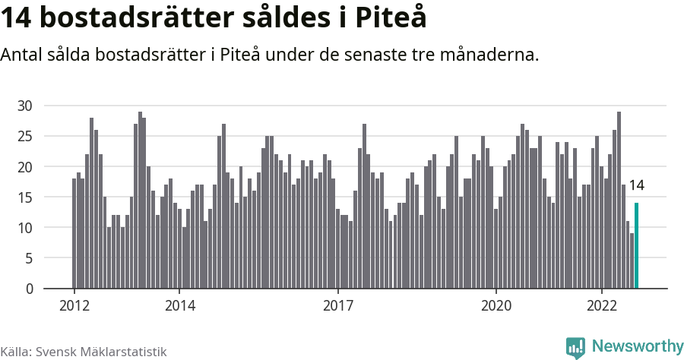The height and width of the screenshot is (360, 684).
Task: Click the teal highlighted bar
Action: click(x=637, y=246)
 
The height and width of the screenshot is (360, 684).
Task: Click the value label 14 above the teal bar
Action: click(x=637, y=185)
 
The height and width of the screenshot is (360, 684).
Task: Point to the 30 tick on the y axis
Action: click(x=25, y=106)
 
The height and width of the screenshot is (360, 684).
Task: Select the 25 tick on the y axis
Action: click(x=25, y=136)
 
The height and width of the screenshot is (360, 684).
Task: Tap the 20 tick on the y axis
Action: click(x=25, y=166)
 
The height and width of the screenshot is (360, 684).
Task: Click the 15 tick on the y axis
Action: click(x=25, y=197)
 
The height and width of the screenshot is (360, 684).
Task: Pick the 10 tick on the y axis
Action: click(x=25, y=228)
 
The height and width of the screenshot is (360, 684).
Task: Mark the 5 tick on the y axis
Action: click(x=29, y=258)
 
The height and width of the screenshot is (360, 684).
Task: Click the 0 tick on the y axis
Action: click(x=29, y=289)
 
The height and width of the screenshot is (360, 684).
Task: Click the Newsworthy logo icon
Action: click(x=576, y=347)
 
